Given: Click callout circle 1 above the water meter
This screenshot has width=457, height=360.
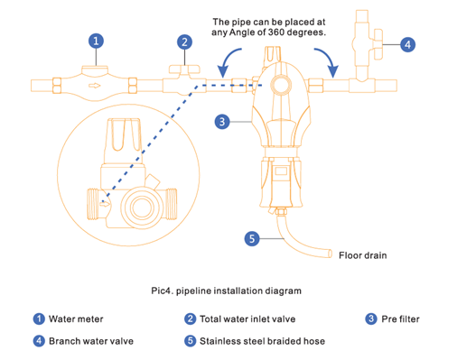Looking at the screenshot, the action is coord(96,41).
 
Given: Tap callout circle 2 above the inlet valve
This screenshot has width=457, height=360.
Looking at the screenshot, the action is coord(184,42).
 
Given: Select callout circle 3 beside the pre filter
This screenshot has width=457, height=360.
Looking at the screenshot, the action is coord(222,122).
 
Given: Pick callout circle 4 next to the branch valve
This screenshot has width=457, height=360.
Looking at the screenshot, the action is coord(407,45).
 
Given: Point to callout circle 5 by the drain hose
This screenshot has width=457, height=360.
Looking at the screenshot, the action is coord(252,239).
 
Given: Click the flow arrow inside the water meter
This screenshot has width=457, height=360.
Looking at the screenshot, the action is coord(94,86).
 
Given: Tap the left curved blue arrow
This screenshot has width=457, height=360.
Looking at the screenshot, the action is coord(228,61).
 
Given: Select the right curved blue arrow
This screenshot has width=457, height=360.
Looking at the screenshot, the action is coord(329,61).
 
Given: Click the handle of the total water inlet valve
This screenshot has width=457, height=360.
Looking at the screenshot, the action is coord(184,69).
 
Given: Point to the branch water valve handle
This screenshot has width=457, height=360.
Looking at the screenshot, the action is coord(378,44).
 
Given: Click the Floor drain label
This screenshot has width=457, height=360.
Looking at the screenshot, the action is coord(363,255).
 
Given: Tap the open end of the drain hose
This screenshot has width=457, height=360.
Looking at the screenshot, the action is coord(330,254).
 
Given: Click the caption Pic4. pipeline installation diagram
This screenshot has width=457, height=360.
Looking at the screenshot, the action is coord(226,291).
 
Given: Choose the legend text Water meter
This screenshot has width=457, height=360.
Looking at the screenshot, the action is coord(76,318).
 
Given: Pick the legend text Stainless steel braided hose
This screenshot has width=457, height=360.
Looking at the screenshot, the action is coord(262,341).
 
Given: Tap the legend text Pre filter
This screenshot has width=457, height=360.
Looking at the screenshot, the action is coord(400,318).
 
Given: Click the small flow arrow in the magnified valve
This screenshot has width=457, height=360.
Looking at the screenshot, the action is coord(105,204).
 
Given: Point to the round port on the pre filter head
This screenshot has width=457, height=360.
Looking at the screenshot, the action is coord(281,85).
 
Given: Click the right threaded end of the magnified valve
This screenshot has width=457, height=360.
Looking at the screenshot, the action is coord(172,204).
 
